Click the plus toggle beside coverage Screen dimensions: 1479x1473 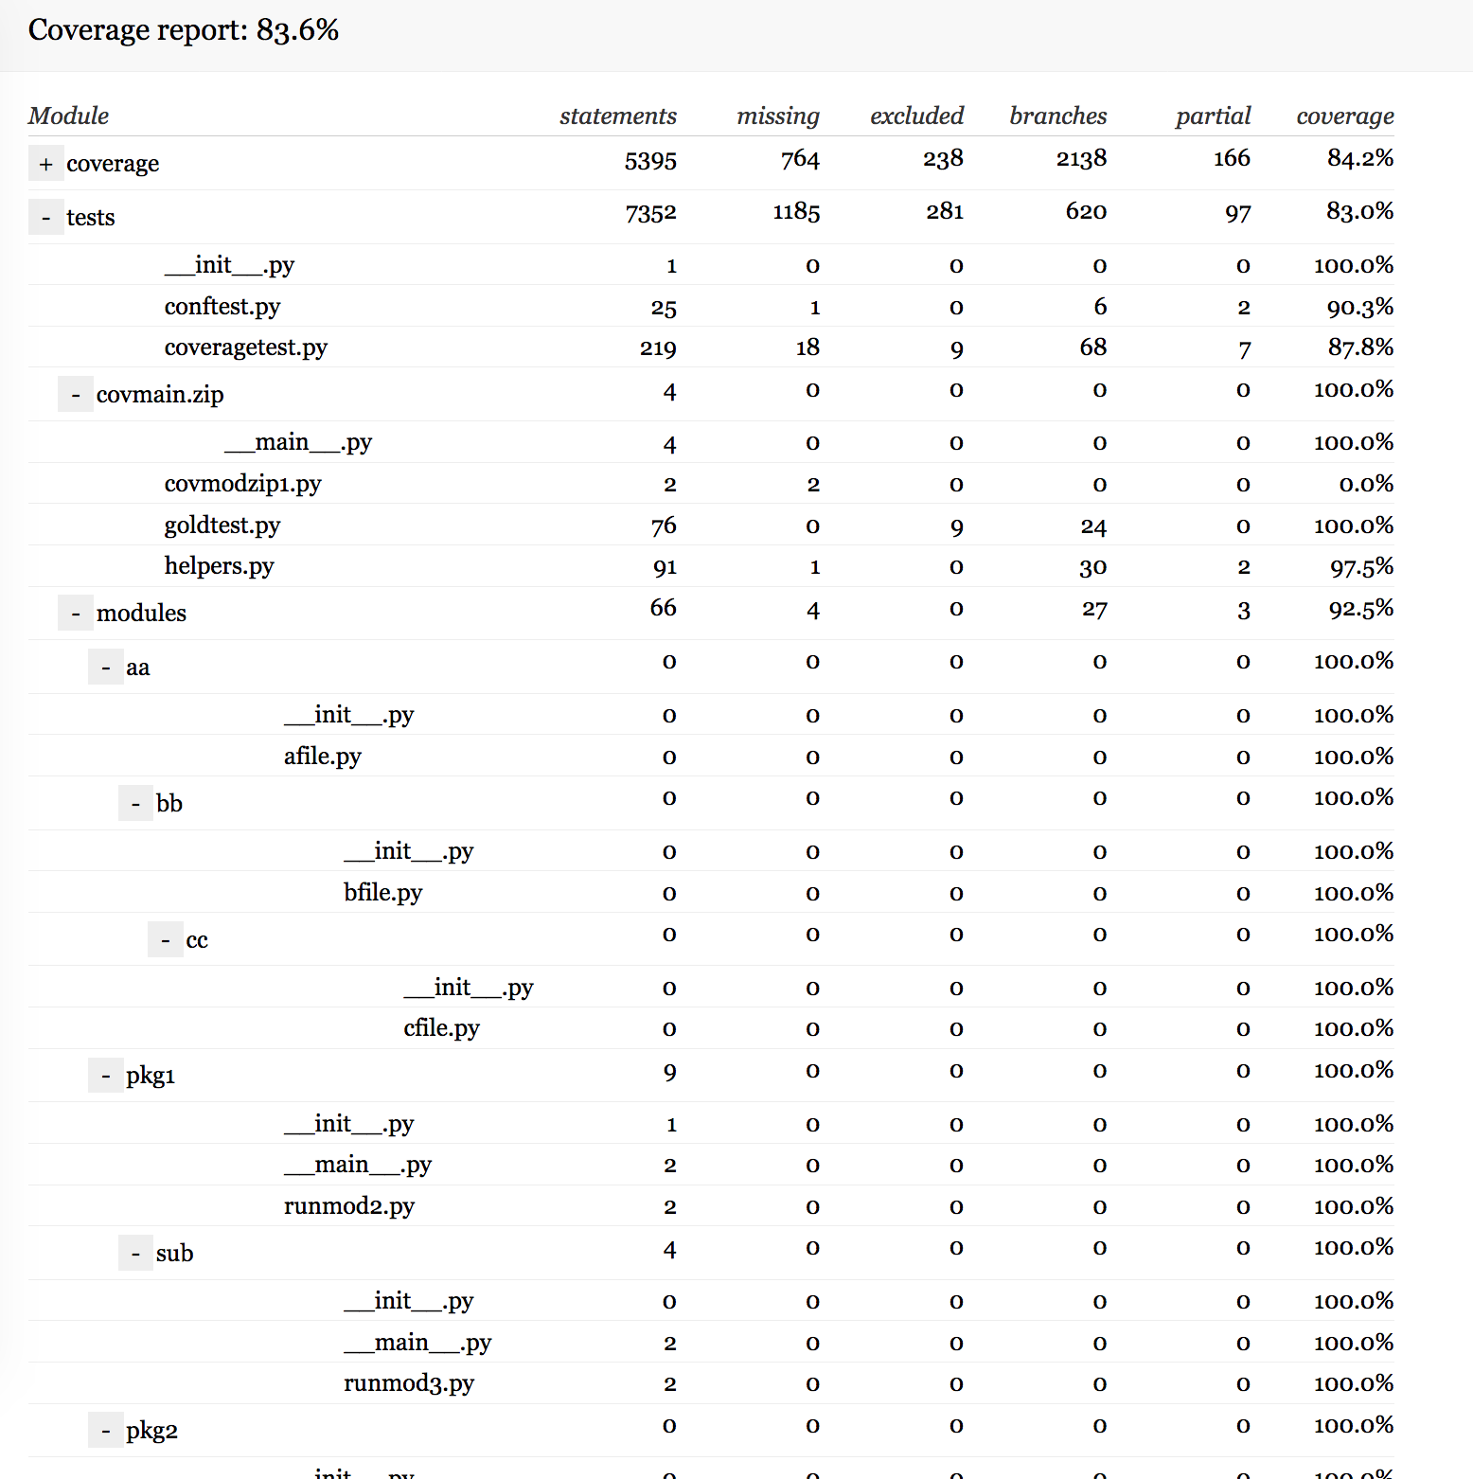[x=45, y=164]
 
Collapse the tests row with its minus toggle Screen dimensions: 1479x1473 [x=45, y=218]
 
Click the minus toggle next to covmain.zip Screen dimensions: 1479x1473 [x=76, y=395]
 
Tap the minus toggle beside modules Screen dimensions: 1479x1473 [x=76, y=614]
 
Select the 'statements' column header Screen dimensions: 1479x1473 [x=617, y=116]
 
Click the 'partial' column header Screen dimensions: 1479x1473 [x=1213, y=116]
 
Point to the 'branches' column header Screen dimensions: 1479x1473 [x=1057, y=116]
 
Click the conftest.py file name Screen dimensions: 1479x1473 [x=222, y=307]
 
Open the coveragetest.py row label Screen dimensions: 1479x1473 [x=246, y=347]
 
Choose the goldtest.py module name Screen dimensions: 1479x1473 [x=222, y=526]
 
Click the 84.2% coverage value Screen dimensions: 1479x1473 [x=1359, y=158]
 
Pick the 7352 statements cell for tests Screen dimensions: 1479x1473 [x=650, y=213]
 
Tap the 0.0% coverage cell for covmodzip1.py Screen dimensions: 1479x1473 [x=1366, y=485]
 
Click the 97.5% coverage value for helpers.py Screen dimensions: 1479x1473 [x=1361, y=567]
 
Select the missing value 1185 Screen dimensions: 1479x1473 [x=796, y=212]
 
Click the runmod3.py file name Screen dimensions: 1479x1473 [x=409, y=1383]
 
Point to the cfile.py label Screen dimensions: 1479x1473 [x=441, y=1028]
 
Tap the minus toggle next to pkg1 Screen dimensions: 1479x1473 [x=105, y=1076]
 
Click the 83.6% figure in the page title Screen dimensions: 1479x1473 [x=297, y=30]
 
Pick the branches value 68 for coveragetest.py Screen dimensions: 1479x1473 [x=1092, y=347]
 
